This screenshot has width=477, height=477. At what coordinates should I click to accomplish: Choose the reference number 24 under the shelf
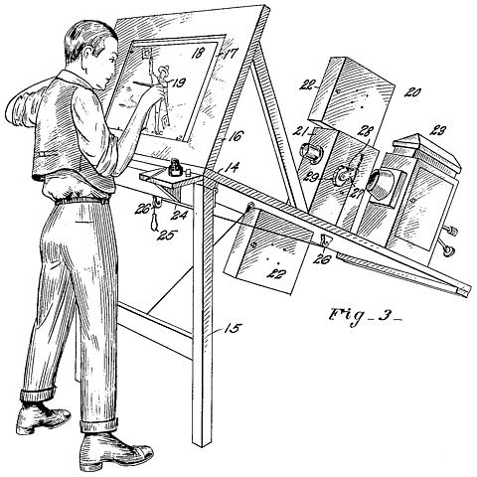(178, 211)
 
